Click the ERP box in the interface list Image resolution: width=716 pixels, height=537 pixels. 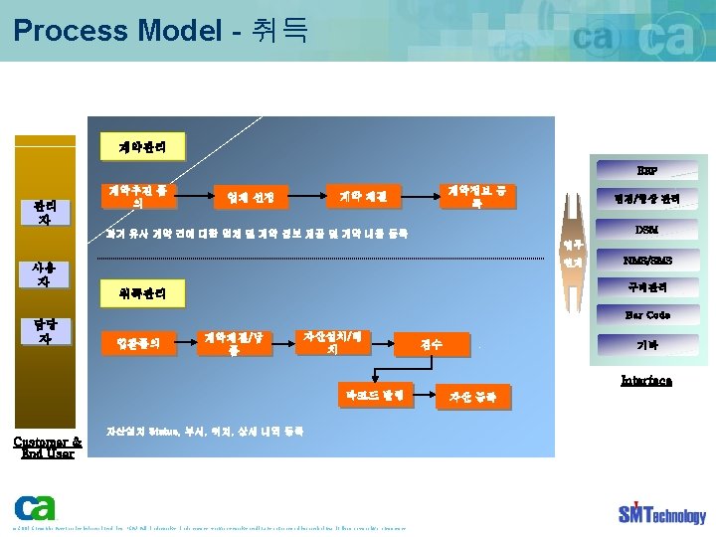(x=646, y=169)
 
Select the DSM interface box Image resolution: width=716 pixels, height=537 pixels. (x=646, y=230)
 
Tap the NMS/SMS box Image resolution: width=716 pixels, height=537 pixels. (x=646, y=261)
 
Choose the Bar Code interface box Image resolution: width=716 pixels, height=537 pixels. (x=646, y=315)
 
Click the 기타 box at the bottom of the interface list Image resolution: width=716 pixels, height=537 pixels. (x=646, y=345)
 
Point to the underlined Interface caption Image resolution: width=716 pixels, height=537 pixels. (x=646, y=380)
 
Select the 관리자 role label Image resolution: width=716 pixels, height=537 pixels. (x=44, y=212)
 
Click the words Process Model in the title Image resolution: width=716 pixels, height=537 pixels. (x=118, y=30)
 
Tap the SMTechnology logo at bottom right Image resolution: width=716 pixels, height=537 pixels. (x=661, y=513)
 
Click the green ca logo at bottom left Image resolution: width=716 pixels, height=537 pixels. (x=35, y=507)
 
